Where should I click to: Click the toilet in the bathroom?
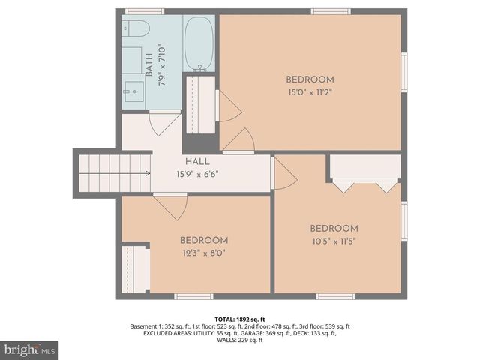[x=137, y=28]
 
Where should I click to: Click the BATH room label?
[x=148, y=64]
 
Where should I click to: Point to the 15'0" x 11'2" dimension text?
[x=310, y=93]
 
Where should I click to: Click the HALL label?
[x=197, y=161]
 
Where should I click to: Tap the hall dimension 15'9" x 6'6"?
[x=197, y=174]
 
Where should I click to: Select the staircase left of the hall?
[x=109, y=172]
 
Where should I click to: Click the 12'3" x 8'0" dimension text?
[x=202, y=253]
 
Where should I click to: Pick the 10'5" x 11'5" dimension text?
[x=334, y=241]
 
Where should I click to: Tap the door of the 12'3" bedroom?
[x=172, y=207]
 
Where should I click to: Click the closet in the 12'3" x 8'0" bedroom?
[x=136, y=268]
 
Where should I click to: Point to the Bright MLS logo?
[x=29, y=349]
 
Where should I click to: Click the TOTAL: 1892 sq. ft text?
[x=239, y=318]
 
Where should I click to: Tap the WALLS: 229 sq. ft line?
[x=239, y=340]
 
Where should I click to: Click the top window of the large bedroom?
[x=331, y=11]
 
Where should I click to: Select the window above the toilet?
[x=144, y=11]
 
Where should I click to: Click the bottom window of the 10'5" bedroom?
[x=335, y=297]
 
